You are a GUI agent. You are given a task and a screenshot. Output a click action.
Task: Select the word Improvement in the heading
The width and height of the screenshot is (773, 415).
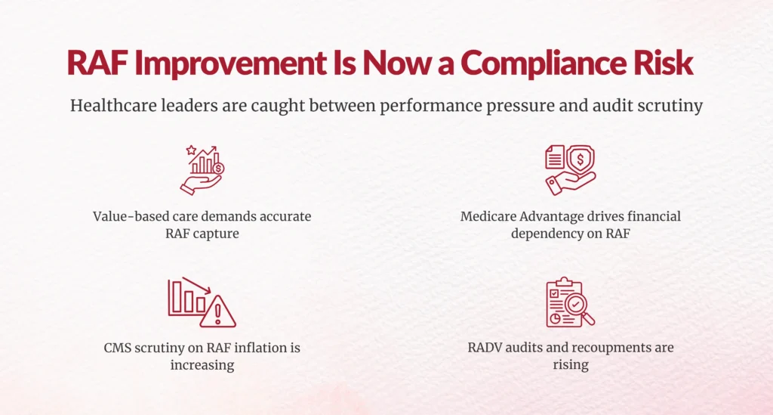(x=230, y=63)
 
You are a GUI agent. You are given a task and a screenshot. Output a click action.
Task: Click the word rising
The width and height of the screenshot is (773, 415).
(x=571, y=365)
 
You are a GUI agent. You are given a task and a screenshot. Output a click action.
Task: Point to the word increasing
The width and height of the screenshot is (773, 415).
(x=202, y=366)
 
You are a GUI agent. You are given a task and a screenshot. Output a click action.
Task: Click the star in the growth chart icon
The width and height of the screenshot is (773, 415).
(x=191, y=150)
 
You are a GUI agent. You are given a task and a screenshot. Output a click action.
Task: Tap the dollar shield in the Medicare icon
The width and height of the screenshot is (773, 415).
(x=581, y=159)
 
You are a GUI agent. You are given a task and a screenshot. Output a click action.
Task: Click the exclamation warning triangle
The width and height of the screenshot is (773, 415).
(x=218, y=312)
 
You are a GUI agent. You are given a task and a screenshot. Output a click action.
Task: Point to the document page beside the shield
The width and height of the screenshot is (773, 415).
(x=555, y=157)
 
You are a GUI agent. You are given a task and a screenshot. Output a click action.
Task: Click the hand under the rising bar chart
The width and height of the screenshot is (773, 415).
(x=199, y=184)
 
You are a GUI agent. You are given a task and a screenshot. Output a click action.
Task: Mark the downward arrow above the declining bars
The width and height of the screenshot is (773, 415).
(x=196, y=285)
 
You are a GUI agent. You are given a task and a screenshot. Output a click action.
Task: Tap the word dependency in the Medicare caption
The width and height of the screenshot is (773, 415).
(x=539, y=234)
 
